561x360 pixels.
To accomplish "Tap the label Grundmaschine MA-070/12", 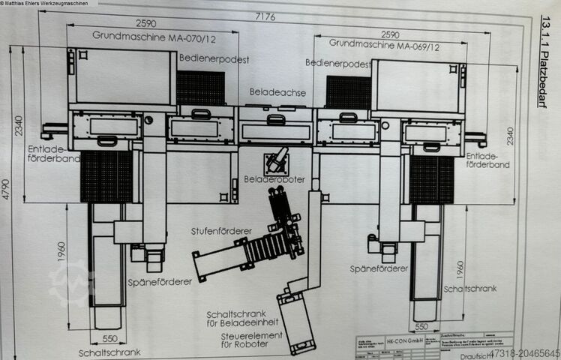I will point(145,35).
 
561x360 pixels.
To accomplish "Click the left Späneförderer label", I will point(161,281).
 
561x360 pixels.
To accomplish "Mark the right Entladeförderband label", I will point(488,160).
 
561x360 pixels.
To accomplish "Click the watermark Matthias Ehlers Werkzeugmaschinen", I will point(50,5).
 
